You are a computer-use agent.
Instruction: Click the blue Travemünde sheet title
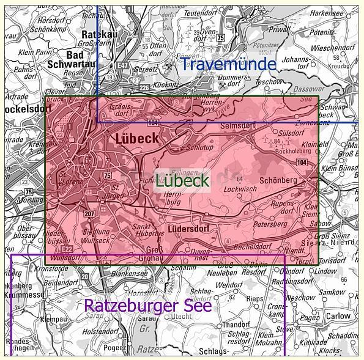[x=228, y=63]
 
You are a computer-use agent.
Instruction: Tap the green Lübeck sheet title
[x=182, y=180]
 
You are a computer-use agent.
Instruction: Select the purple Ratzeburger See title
[x=147, y=305]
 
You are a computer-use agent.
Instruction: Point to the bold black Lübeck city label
[x=137, y=139]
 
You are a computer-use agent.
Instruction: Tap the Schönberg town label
[x=278, y=180]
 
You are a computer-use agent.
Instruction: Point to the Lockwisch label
[x=240, y=189]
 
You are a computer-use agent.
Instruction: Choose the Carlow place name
[x=338, y=316]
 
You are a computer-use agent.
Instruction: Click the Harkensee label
[x=327, y=13]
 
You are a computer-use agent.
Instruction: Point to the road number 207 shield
[x=89, y=213]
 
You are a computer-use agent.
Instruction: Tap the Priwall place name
[x=280, y=29]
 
